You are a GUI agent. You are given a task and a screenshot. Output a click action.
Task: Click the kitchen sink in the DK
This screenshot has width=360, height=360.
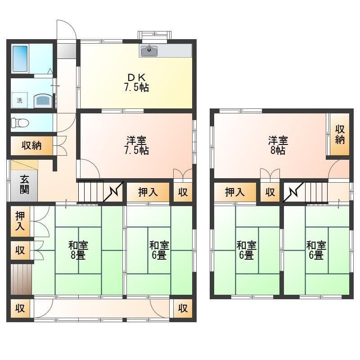(149, 51)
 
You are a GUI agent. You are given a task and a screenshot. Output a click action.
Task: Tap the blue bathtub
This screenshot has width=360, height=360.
(20, 58)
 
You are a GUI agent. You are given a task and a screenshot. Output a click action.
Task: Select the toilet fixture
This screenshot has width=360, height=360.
(20, 122)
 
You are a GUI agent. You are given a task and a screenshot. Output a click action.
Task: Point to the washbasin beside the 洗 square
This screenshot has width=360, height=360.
(42, 99)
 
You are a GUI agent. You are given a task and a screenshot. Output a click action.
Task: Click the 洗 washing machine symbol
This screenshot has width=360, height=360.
(19, 100)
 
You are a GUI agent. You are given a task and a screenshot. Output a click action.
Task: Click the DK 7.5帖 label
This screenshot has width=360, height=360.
(136, 82)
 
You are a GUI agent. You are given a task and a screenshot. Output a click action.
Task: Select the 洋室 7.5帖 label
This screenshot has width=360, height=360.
(136, 145)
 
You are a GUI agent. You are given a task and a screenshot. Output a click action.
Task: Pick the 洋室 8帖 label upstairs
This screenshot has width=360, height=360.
(277, 145)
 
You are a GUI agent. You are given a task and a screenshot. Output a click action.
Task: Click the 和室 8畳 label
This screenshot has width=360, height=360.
(78, 250)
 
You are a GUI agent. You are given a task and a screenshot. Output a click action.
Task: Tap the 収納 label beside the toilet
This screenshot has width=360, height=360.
(31, 145)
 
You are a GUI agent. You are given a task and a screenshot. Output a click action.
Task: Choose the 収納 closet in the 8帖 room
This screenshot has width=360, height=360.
(340, 134)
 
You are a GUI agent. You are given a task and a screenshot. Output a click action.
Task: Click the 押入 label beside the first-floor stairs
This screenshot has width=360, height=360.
(148, 193)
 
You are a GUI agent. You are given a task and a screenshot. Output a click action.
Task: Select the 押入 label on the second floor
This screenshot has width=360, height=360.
(234, 193)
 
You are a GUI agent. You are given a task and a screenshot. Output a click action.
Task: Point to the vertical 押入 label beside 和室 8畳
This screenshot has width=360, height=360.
(20, 221)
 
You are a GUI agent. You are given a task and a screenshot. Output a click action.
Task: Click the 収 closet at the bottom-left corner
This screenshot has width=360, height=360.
(20, 309)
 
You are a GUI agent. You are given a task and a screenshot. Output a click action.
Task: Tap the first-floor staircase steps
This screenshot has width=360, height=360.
(91, 191)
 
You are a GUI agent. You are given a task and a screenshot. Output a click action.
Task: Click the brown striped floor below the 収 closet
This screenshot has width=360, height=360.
(21, 279)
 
